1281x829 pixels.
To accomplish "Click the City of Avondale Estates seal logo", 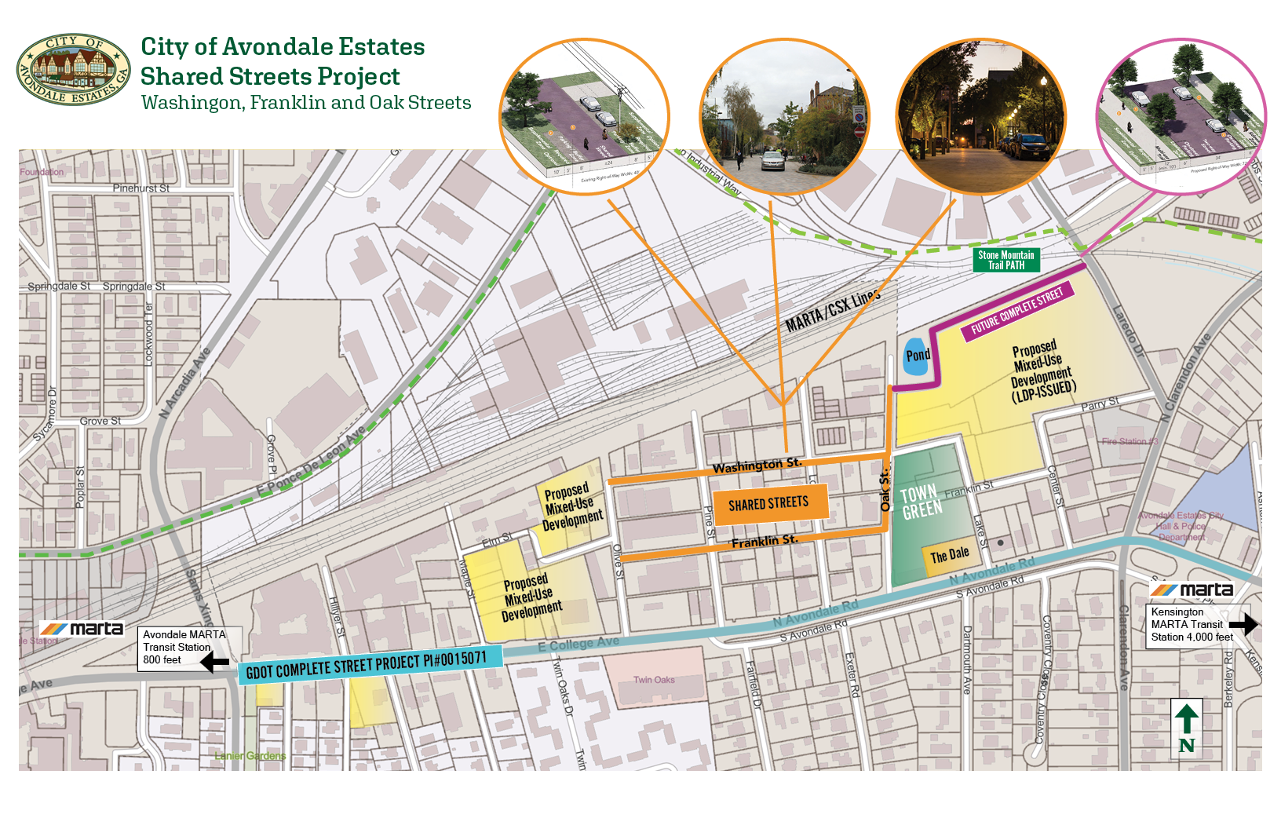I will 73,69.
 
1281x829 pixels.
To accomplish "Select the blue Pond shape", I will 916,356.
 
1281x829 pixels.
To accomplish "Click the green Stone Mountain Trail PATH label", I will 1005,260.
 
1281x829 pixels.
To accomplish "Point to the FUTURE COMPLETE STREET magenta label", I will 1016,311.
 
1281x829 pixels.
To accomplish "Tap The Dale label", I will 950,556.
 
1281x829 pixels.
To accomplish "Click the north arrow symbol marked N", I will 1186,727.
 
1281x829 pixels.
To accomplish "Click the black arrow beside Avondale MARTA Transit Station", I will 214,662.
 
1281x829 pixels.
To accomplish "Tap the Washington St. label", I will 757,466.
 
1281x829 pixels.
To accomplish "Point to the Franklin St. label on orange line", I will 764,541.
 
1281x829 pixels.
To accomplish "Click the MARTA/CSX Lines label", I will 833,311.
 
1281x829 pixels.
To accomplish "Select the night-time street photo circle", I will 981,118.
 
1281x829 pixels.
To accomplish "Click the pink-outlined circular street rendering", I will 1181,116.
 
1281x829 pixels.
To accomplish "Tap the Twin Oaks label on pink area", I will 654,680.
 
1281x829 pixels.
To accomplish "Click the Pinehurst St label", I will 141,188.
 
